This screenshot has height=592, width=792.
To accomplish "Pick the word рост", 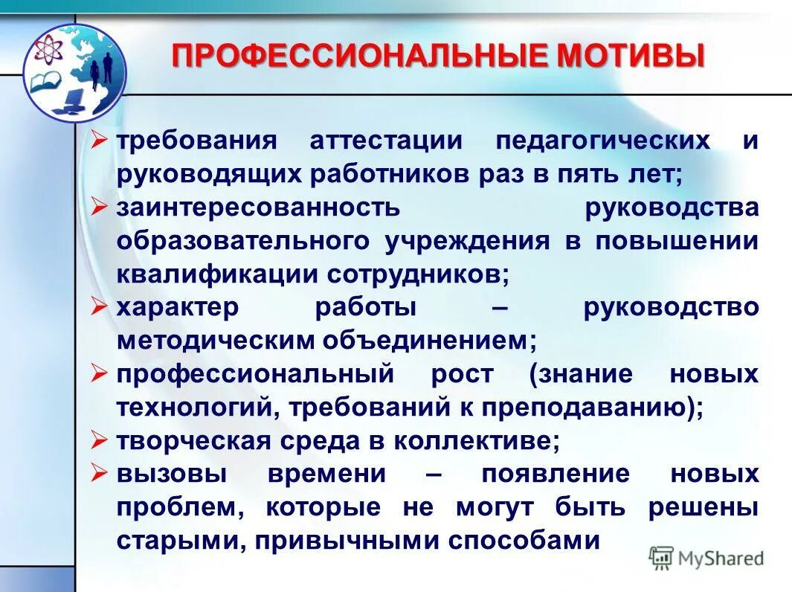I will pyautogui.click(x=461, y=373).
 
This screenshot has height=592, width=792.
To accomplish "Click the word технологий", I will pyautogui.click(x=196, y=407).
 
